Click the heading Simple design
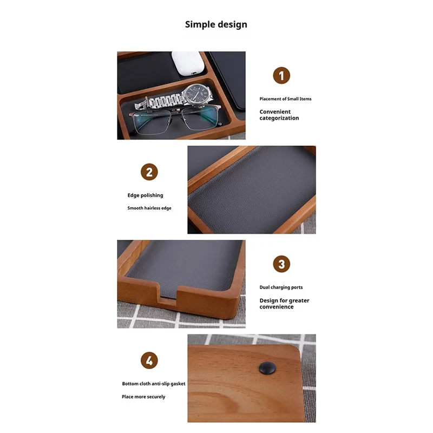(x=216, y=24)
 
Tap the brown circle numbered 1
(x=281, y=75)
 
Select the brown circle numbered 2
(x=149, y=173)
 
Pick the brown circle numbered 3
(x=281, y=264)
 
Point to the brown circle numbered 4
(x=149, y=360)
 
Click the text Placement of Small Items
(x=285, y=99)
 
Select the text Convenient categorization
(x=279, y=115)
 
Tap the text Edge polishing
(x=145, y=195)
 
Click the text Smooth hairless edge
(x=149, y=208)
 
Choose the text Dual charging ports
(x=281, y=287)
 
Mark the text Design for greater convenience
(x=284, y=304)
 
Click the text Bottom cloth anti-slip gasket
(x=154, y=384)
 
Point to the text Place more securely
(x=143, y=397)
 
